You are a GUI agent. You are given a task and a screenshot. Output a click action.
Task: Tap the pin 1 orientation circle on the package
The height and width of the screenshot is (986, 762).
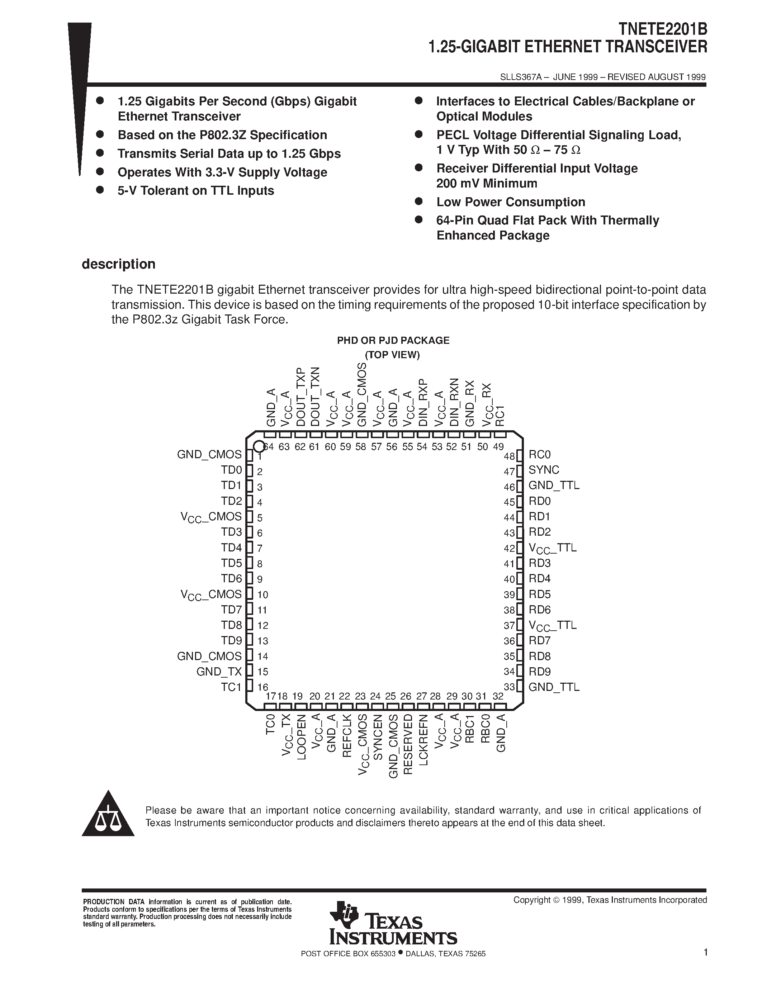pyautogui.click(x=259, y=446)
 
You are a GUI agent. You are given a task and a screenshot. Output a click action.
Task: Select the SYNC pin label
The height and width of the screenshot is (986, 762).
pyautogui.click(x=544, y=470)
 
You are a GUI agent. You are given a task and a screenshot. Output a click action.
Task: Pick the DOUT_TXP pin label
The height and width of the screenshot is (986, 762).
pyautogui.click(x=300, y=397)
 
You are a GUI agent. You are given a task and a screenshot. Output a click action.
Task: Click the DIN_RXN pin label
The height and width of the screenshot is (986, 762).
pyautogui.click(x=454, y=402)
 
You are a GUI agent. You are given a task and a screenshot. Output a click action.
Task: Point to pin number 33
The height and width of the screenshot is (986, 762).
pyautogui.click(x=509, y=687)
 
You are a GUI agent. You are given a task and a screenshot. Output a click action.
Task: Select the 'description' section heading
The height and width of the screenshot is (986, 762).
pyautogui.click(x=118, y=264)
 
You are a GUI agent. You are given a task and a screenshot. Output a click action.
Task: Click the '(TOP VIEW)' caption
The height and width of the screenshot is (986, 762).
pyautogui.click(x=393, y=355)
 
